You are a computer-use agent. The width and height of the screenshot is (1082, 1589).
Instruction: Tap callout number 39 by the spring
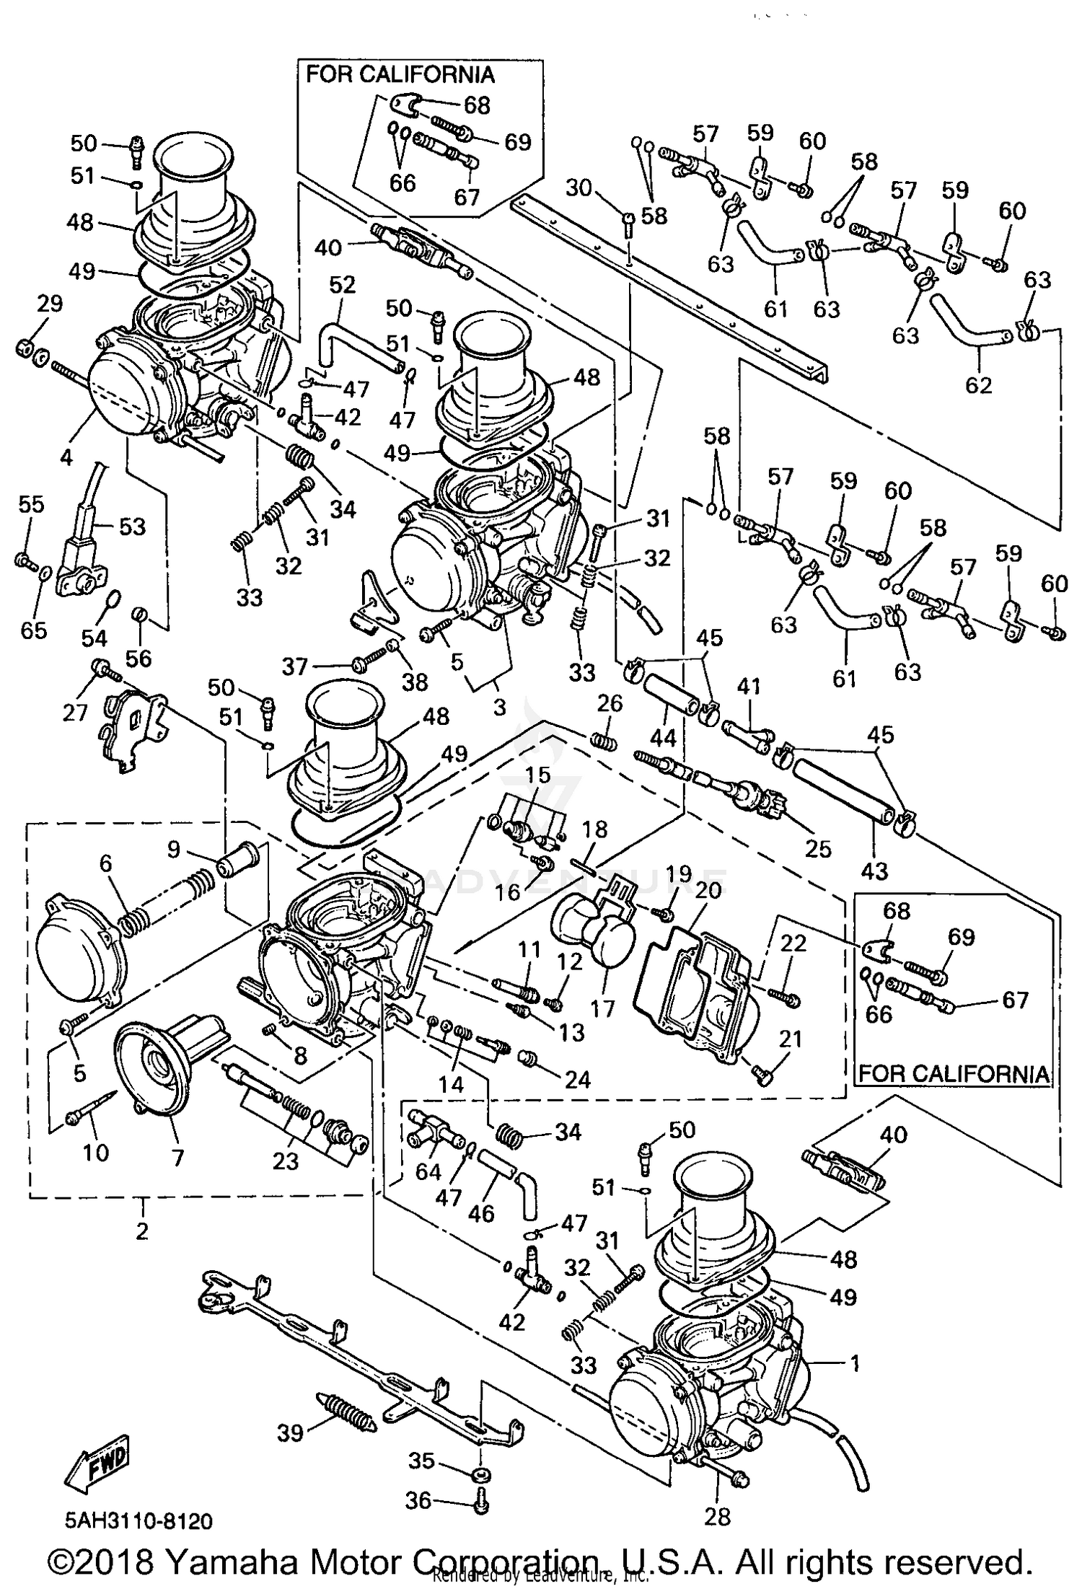click(x=291, y=1432)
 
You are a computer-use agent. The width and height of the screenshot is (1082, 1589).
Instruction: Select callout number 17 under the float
click(x=603, y=1008)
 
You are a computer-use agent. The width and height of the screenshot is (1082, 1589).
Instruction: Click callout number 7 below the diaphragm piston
click(x=177, y=1158)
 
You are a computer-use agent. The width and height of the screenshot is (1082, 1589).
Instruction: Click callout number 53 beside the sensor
click(x=133, y=527)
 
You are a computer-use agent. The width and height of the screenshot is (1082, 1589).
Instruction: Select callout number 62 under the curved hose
click(x=979, y=384)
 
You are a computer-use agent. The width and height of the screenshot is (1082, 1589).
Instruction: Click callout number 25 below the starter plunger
click(x=819, y=848)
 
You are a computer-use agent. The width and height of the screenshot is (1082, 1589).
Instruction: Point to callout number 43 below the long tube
click(x=875, y=871)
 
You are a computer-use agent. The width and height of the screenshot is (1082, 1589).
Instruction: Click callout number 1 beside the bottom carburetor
click(x=855, y=1363)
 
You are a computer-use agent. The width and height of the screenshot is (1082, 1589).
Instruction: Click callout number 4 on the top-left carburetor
click(x=66, y=457)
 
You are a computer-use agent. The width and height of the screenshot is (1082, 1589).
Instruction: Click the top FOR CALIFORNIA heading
click(x=400, y=74)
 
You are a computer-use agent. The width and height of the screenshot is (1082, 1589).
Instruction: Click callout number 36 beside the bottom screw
click(x=418, y=1501)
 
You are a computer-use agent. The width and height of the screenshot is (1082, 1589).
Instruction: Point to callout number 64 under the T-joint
click(x=428, y=1171)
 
